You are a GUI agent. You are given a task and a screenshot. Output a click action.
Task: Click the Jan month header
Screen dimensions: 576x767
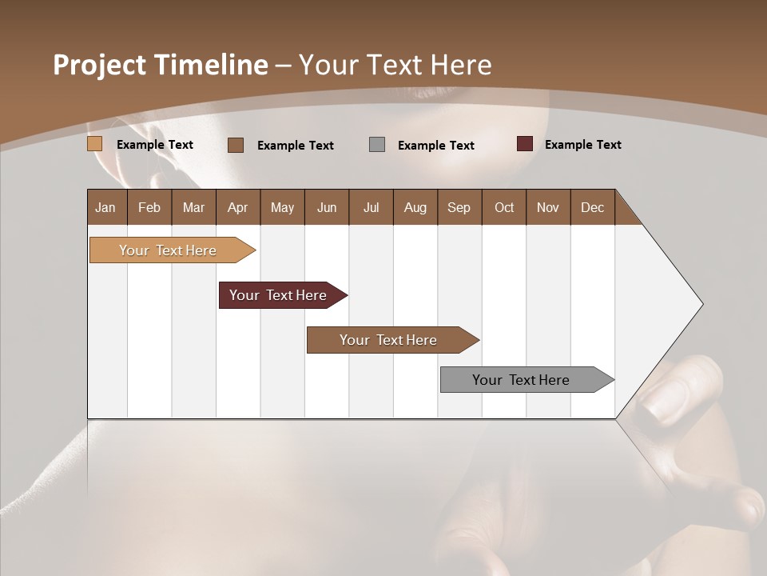click(x=105, y=208)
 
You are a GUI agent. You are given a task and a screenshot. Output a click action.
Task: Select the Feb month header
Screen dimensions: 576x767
click(x=149, y=208)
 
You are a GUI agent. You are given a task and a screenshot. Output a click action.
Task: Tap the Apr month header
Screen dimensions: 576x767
click(x=237, y=208)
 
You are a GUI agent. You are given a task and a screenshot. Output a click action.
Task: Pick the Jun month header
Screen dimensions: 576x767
click(x=327, y=208)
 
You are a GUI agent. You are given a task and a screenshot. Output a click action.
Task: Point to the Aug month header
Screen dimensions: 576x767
click(x=415, y=208)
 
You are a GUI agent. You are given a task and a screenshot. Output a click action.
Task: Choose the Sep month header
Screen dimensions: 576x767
click(x=459, y=208)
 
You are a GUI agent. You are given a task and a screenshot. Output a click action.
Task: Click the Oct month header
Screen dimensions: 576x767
click(x=504, y=208)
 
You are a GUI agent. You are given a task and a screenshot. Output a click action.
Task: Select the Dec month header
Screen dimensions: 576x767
click(x=592, y=208)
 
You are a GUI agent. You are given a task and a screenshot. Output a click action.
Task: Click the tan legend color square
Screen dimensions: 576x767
click(x=95, y=144)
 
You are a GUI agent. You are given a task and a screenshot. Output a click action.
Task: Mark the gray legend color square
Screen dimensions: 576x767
click(x=377, y=145)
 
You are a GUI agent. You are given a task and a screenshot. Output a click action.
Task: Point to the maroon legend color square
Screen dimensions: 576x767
click(x=524, y=144)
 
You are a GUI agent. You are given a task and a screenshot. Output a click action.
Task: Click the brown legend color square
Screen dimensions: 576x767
click(x=236, y=145)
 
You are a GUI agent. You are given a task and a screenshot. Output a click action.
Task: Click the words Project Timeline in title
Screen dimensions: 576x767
click(x=160, y=65)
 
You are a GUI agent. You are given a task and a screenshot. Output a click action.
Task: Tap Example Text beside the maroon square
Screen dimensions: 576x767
click(x=582, y=145)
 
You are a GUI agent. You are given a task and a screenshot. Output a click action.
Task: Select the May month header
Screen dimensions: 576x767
click(x=282, y=208)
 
